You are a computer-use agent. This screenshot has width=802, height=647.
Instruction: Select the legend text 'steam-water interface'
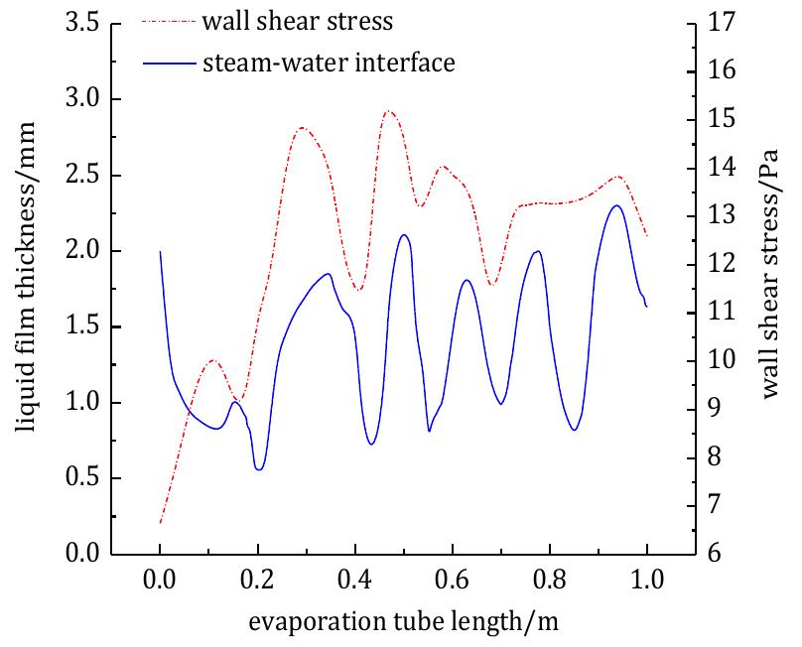tap(329, 64)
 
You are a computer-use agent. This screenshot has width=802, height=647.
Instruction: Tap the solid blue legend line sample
tap(167, 64)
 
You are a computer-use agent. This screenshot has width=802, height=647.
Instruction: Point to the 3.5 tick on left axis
tap(83, 24)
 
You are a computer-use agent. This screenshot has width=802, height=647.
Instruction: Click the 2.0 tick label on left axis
tap(83, 251)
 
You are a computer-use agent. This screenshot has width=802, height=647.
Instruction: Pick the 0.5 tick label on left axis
tap(83, 478)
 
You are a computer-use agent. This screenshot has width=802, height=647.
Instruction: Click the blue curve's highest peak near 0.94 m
tap(617, 205)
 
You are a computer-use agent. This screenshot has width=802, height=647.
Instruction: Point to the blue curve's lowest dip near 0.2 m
tap(259, 468)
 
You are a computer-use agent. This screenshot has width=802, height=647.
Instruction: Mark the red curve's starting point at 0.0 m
tap(160, 522)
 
